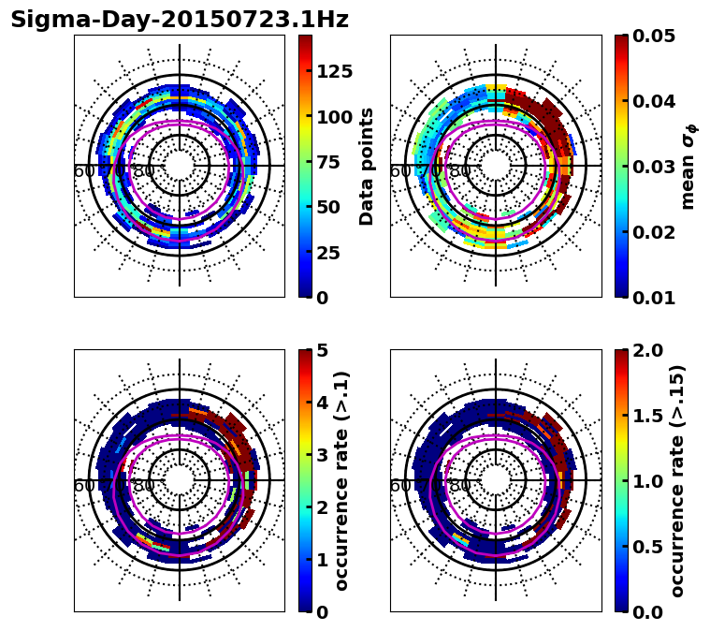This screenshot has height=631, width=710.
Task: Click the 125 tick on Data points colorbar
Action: coord(335,72)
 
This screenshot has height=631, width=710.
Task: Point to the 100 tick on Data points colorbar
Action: coord(335,117)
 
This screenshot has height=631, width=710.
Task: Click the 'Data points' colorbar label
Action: coord(367,166)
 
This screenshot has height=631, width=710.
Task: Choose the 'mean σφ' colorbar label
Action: coord(688,167)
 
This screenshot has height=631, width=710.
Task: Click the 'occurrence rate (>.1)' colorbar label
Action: coord(341,480)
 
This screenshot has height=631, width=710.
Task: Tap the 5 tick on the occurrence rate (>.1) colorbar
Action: coord(323,350)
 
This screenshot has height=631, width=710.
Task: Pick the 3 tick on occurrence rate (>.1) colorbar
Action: coord(323,455)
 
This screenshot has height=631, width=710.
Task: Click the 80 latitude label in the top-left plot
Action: coord(144,171)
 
